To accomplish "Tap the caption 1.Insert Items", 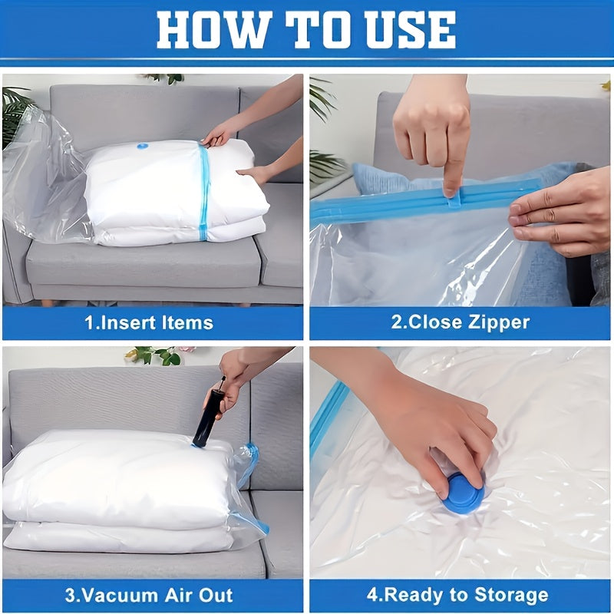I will [149, 322].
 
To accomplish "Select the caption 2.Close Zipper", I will [460, 322].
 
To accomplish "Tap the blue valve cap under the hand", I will [463, 495].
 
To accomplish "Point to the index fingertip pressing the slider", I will [452, 185].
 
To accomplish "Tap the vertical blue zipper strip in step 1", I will [204, 192].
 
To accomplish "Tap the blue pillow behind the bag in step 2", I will [384, 180].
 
